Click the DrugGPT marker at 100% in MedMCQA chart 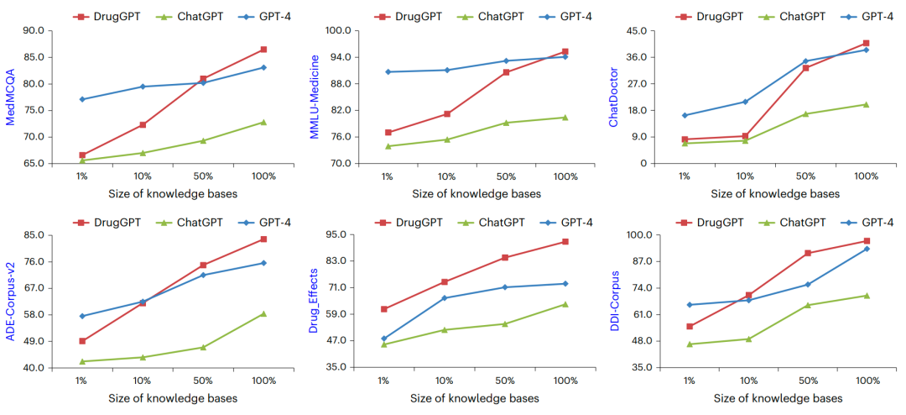(x=263, y=50)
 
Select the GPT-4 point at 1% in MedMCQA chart (x=82, y=99)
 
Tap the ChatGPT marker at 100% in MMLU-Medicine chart (x=565, y=117)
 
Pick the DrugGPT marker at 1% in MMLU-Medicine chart (x=388, y=132)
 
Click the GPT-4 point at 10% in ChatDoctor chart (x=745, y=102)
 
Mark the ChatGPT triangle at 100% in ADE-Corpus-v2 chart (x=263, y=313)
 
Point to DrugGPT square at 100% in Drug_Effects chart (x=565, y=242)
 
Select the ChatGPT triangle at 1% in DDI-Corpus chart (x=690, y=344)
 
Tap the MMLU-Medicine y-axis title (x=314, y=97)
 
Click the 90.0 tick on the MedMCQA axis (x=34, y=31)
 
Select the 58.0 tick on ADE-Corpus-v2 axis (x=34, y=315)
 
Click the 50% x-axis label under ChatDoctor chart (x=805, y=176)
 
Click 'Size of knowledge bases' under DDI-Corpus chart (x=778, y=398)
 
